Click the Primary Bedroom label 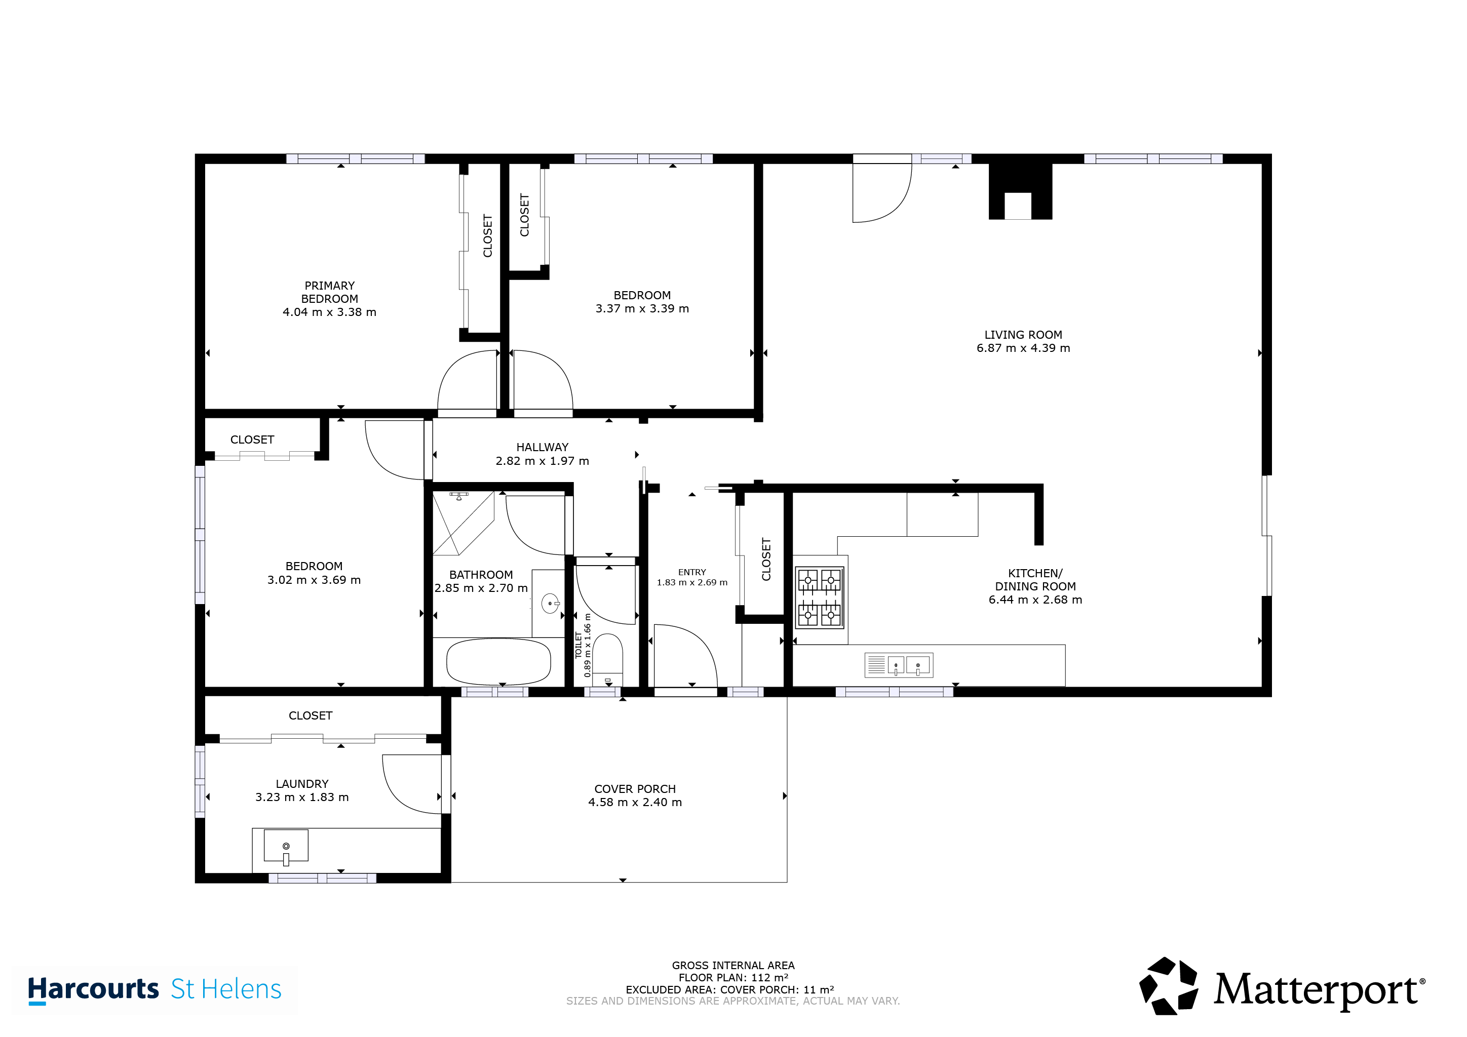[329, 292]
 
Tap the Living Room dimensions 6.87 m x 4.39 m [1023, 348]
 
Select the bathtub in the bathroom [498, 661]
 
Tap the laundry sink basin [286, 847]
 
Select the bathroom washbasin [550, 603]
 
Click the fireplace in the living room [1020, 191]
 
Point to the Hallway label [542, 447]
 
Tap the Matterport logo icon [1169, 986]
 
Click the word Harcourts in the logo [93, 988]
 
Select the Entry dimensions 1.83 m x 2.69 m [692, 582]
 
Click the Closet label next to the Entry [766, 560]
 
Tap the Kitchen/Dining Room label [1035, 580]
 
